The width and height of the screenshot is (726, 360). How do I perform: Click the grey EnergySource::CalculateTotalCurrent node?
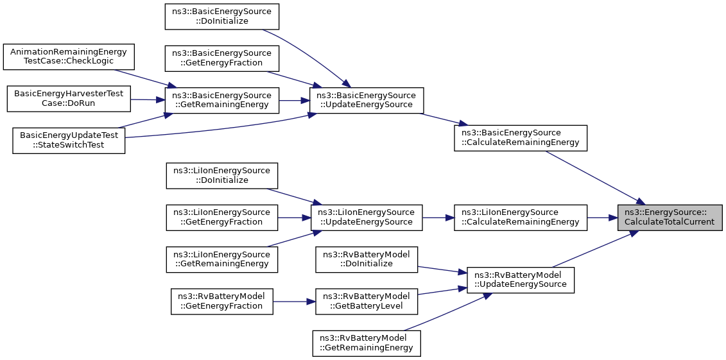(670, 218)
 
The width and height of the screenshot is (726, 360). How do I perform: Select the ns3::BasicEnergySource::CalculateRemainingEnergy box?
(521, 138)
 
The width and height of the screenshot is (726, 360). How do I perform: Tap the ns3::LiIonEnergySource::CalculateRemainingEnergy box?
(521, 218)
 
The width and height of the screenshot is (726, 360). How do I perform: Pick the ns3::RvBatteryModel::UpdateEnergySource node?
(521, 280)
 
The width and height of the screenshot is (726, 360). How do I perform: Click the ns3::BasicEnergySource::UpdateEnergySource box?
(367, 100)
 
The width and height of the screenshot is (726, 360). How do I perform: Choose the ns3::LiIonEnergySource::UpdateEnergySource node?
(367, 218)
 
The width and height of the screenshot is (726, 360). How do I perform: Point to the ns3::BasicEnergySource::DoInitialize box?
(222, 17)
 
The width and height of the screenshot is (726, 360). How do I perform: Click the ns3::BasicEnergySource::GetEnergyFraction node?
(222, 58)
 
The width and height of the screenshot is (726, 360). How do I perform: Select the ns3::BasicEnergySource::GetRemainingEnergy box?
(222, 100)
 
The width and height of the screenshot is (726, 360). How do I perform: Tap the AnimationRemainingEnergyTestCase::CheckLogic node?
(69, 57)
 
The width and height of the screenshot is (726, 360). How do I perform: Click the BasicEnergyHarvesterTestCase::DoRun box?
(69, 99)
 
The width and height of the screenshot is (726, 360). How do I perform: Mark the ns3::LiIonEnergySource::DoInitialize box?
(222, 176)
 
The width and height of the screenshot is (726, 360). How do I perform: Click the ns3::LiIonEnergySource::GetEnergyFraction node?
(222, 218)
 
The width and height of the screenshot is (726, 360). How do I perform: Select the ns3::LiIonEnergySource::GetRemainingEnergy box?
(222, 260)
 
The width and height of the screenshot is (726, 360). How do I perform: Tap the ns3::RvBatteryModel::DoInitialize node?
(367, 260)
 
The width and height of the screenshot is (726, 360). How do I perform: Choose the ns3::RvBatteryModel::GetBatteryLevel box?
(367, 301)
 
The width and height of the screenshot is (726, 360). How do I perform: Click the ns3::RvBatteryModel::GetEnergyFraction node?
(222, 301)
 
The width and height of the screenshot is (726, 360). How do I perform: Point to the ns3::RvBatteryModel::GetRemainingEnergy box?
(367, 343)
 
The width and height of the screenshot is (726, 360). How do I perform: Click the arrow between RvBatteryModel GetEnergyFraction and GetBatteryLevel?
(294, 301)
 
